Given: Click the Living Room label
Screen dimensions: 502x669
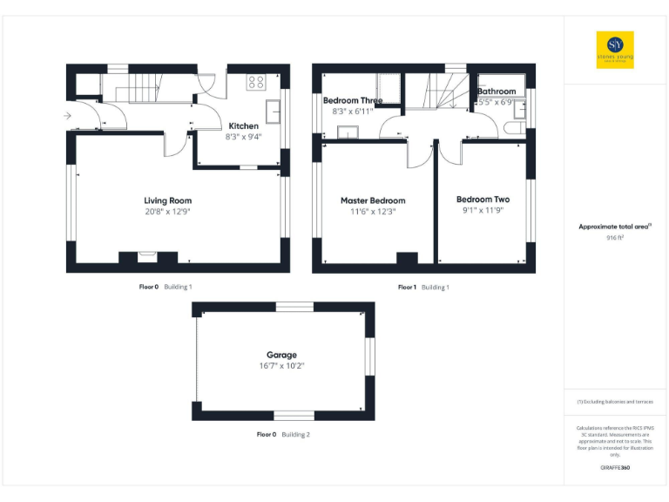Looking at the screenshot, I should pos(168,200).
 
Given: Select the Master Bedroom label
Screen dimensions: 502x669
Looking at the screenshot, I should pos(372,200).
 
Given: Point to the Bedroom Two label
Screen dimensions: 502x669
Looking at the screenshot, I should pos(483,200).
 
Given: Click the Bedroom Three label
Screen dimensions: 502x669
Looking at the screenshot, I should pos(353,100).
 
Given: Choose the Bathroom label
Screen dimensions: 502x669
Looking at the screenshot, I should pos(497,91).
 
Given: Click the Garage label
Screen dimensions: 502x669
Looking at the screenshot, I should pos(281,355).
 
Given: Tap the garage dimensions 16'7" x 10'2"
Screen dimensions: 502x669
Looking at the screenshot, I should pos(281,366).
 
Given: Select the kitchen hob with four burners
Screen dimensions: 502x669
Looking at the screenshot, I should pos(256,83).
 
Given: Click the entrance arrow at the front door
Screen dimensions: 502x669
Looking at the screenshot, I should pos(68,114).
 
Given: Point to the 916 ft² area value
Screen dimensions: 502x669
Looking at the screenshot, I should pos(615,237).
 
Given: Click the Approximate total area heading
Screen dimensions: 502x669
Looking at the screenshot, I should pos(614,227).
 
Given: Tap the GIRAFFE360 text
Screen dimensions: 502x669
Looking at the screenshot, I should pos(615,469).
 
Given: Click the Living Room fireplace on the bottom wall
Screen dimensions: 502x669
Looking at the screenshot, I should pos(146,256).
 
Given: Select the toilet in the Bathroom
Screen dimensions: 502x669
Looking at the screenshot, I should pos(513,129).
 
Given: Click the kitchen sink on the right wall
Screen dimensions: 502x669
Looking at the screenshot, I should pos(274,112).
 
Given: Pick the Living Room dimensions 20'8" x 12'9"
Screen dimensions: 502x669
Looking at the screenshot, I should pos(168,212).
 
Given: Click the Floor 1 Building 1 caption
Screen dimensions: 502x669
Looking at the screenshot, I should pos(423,287).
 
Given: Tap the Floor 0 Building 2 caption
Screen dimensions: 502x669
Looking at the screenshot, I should pos(283,433).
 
